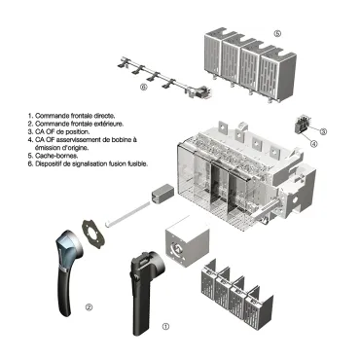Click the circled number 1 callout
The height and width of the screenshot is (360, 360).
pos(164,328)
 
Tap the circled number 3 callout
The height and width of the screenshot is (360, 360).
pos(323,130)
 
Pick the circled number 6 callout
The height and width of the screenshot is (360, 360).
pos(143,87)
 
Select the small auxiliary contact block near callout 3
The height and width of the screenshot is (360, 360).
pos(303,126)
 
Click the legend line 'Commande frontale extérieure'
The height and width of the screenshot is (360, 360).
pos(73,124)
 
